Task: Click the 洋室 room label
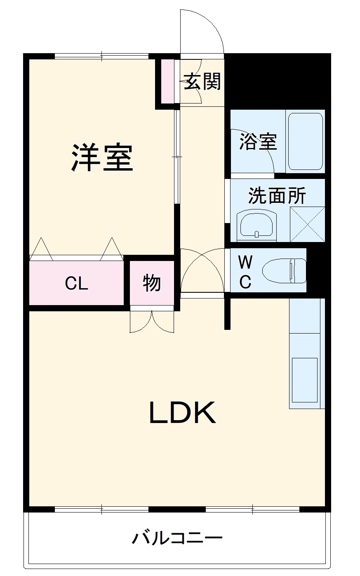click(x=102, y=158)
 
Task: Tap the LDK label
click(x=182, y=413)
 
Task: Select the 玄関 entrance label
click(x=202, y=81)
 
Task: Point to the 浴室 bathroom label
click(x=258, y=142)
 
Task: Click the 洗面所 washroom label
click(x=277, y=195)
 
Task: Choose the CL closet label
click(x=77, y=283)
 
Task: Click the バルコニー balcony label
click(x=177, y=538)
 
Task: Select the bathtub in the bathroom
click(x=305, y=141)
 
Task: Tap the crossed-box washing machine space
click(x=307, y=224)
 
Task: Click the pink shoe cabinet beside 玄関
click(x=167, y=82)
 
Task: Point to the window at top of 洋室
click(x=101, y=56)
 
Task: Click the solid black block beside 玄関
click(x=278, y=80)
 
